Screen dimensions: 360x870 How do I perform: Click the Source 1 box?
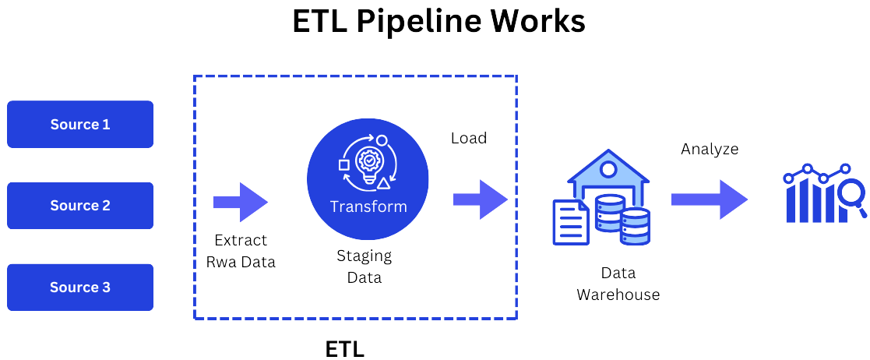coord(80,125)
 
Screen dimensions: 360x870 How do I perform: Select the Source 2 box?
coord(80,206)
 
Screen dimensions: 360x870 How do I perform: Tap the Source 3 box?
coord(80,288)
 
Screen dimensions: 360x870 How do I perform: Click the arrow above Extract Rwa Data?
coord(241,202)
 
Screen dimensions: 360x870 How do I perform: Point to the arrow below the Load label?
coord(480,199)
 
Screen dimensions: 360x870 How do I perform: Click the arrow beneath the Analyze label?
coord(709,199)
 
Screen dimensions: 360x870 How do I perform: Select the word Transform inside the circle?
coord(368,206)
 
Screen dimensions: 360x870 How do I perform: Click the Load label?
coord(469,138)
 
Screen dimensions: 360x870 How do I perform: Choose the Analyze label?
coord(710,149)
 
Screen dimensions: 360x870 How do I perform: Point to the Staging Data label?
coord(365,266)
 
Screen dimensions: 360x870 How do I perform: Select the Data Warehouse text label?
coord(618,284)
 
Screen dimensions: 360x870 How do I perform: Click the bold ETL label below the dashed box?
coord(344,348)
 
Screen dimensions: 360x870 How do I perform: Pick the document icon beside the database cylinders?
coord(571,221)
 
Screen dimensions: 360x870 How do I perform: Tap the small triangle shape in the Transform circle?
coord(383,183)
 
